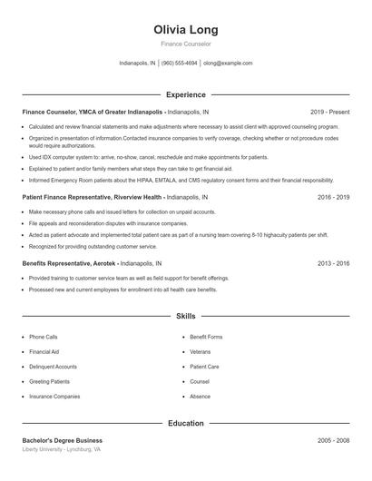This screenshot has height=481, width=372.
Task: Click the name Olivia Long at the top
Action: (185, 30)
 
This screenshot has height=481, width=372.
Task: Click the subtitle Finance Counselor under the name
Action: (185, 44)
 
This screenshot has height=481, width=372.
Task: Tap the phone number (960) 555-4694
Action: (180, 64)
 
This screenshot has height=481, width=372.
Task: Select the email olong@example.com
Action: (228, 64)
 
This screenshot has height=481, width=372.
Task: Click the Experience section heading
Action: (185, 94)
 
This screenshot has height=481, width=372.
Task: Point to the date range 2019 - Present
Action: (329, 112)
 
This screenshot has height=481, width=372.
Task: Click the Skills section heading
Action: (185, 316)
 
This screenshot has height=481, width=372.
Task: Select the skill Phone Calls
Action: (44, 337)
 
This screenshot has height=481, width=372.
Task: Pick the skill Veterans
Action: (200, 351)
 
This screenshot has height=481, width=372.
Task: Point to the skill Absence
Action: (200, 397)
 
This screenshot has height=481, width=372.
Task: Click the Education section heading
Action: (185, 423)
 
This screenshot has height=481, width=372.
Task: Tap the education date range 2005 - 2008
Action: (334, 440)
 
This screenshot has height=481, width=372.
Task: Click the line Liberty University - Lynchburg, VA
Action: (62, 449)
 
